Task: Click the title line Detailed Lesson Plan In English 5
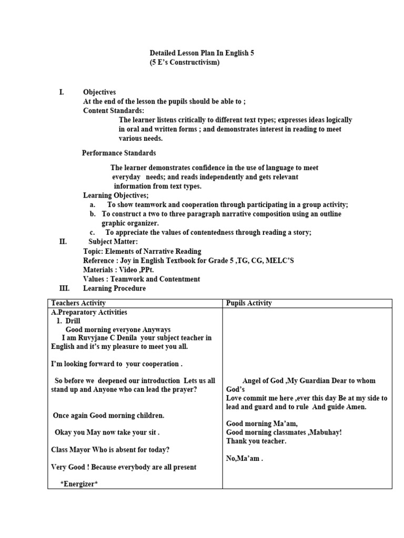201,53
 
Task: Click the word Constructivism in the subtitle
193,63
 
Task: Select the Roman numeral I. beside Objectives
62,92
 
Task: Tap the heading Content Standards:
114,111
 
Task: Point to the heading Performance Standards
119,153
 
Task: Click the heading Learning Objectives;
116,195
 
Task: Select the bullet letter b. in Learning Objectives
93,214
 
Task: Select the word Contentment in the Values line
180,280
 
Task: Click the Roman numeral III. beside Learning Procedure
64,288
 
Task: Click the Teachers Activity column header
78,303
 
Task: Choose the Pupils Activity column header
249,303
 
